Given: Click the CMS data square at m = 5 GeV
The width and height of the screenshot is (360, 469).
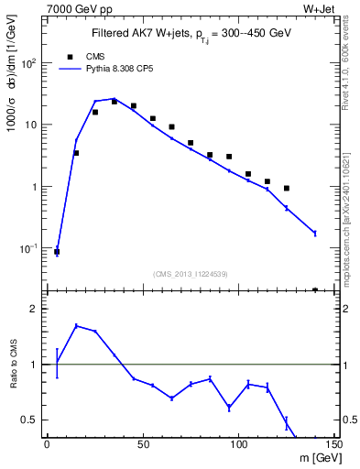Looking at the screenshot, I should point(57,251).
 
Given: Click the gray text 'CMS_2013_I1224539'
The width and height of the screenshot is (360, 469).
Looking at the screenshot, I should point(191,273).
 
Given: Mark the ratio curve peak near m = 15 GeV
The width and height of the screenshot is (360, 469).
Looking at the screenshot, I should point(76,325).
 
